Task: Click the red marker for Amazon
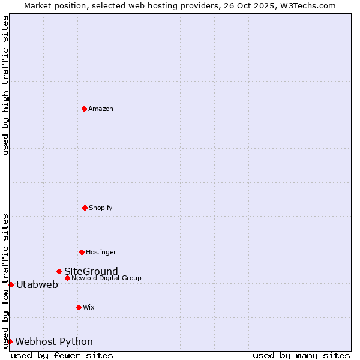click(84, 109)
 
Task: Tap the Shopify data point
click(85, 208)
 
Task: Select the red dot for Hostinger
click(82, 252)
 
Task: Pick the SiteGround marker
click(59, 271)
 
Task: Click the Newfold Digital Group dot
click(67, 278)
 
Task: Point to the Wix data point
click(79, 307)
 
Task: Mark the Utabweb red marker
click(11, 284)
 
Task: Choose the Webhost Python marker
click(10, 341)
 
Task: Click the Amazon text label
click(101, 109)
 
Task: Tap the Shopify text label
click(101, 208)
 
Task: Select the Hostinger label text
click(101, 252)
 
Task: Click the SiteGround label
click(91, 271)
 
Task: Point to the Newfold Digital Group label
click(107, 278)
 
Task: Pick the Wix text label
click(89, 307)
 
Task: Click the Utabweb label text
click(37, 284)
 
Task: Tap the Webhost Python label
click(54, 341)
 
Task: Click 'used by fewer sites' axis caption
click(62, 355)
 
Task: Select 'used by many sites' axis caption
click(301, 355)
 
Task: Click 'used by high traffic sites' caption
click(6, 86)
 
